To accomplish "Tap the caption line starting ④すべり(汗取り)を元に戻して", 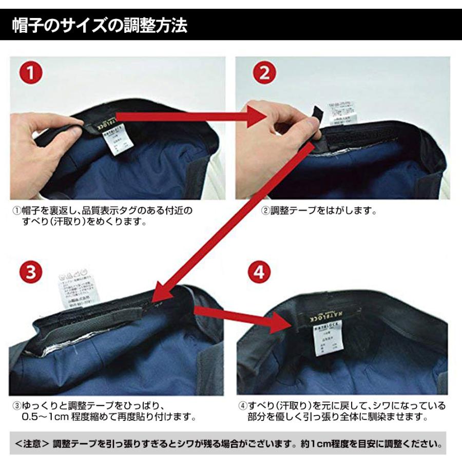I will pos(341,406).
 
